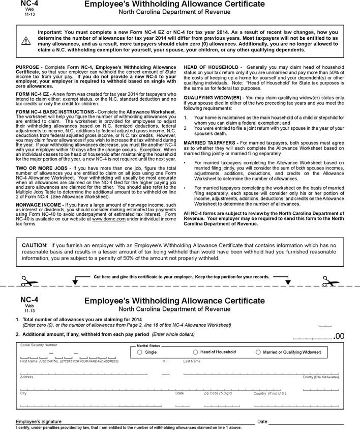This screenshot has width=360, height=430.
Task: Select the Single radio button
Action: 140,352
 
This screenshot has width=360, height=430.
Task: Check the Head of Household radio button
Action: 196,352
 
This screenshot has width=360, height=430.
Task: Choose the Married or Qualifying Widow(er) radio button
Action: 258,352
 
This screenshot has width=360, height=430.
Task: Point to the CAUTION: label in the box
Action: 35,245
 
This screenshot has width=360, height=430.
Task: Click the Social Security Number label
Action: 39,345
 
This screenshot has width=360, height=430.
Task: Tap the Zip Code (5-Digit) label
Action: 218,393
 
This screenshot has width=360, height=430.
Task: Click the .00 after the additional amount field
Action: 339,336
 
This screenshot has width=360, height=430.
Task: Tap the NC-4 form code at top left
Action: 29,4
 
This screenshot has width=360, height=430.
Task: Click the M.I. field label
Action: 165,361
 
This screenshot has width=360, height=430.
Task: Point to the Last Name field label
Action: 192,361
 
